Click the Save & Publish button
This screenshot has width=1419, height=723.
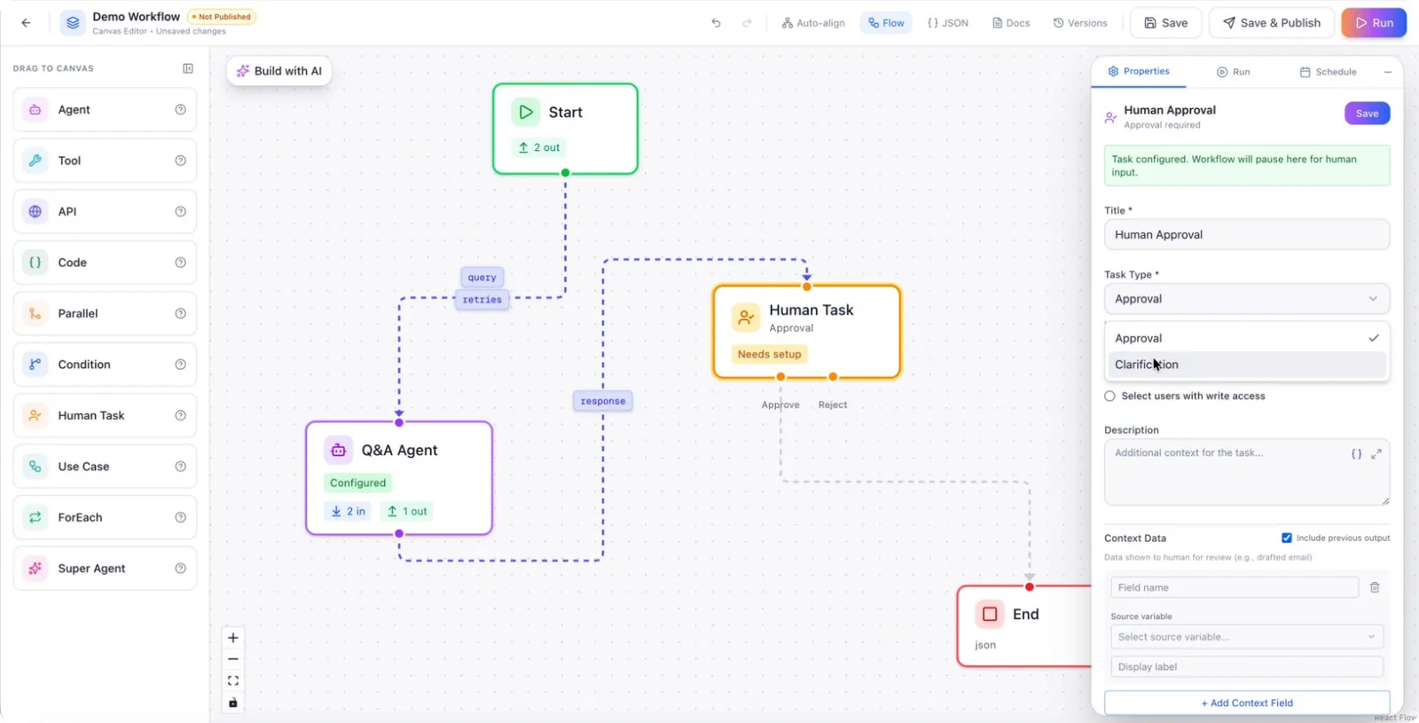pos(1271,23)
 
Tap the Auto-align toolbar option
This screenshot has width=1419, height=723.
pos(812,23)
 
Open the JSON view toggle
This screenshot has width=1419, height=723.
pos(948,23)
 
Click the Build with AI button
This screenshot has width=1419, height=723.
pos(278,71)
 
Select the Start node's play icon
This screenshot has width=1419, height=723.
pos(525,112)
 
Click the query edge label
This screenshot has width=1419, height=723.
pos(482,277)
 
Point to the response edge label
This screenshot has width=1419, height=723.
pos(602,400)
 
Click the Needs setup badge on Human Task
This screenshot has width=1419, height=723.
pos(769,354)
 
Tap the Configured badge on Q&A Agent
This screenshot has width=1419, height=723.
pos(357,483)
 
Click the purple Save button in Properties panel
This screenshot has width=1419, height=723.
pos(1367,114)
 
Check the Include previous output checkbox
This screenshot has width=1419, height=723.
pos(1286,538)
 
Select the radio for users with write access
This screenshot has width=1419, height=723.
pos(1109,396)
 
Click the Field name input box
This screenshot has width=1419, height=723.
pos(1234,587)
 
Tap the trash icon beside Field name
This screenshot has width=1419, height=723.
pos(1374,587)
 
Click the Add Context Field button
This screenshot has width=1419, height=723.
pos(1246,703)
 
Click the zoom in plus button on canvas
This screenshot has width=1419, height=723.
pos(233,638)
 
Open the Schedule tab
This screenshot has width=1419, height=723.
pos(1328,72)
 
